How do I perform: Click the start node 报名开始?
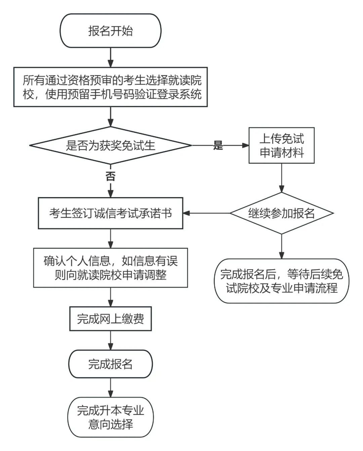[110, 31]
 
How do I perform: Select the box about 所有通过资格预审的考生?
[110, 87]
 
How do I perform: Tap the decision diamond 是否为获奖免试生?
[110, 146]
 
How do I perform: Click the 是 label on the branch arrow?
[218, 146]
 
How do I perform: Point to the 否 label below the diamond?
[110, 176]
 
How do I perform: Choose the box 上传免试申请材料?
[281, 146]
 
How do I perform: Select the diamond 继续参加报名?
[281, 213]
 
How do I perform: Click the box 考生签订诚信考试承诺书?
[110, 213]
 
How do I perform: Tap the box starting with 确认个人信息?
[110, 268]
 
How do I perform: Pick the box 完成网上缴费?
[110, 319]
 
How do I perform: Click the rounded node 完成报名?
[110, 364]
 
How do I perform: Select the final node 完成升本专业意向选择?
[110, 417]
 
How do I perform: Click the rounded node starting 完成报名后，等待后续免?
[281, 281]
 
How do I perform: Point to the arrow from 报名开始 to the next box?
[110, 57]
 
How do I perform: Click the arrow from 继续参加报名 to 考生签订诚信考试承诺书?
[207, 213]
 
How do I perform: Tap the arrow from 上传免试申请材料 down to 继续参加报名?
[281, 178]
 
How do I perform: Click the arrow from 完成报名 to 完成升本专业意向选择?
[110, 388]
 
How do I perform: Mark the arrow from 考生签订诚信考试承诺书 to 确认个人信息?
[110, 239]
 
